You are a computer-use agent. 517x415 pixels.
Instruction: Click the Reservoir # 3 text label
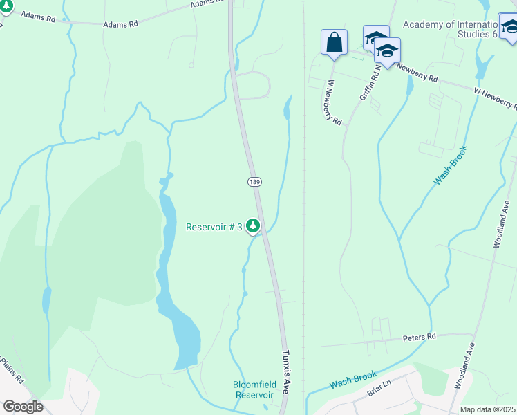[x=214, y=227]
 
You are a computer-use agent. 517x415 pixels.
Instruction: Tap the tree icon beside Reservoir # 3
[x=254, y=225]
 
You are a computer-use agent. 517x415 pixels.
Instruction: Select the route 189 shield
[x=254, y=181]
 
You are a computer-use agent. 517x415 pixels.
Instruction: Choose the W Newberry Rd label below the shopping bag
[x=335, y=102]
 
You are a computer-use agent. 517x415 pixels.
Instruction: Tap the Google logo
[x=22, y=407]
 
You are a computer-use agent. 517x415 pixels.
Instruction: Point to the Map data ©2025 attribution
[x=487, y=409]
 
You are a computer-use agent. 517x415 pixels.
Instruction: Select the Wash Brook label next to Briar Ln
[x=353, y=379]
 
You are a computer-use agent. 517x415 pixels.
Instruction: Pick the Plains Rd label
[x=11, y=371]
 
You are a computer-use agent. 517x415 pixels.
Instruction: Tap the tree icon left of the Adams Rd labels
[x=6, y=6]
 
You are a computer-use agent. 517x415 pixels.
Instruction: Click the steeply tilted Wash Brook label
[x=450, y=165]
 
